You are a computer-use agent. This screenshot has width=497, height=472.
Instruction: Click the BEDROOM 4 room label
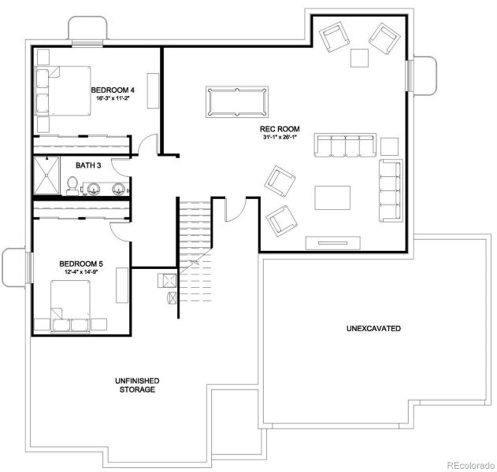[x=113, y=90]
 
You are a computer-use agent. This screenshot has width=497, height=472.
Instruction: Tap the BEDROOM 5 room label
[x=81, y=264]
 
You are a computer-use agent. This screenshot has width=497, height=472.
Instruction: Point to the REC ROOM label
[x=276, y=128]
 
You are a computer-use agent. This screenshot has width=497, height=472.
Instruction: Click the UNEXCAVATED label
[x=373, y=327]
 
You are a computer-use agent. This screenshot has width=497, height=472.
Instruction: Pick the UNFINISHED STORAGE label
[x=136, y=385]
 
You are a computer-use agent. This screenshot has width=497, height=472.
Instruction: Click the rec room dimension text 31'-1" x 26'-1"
[x=277, y=138]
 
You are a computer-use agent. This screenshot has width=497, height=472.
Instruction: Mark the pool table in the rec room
[x=237, y=101]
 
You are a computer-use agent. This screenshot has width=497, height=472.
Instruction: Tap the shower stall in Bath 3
[x=46, y=175]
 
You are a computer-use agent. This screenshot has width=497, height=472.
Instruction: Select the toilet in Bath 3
[x=71, y=185]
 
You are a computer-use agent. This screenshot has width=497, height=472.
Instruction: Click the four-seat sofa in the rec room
[x=345, y=146]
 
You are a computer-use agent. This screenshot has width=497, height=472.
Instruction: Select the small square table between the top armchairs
[x=359, y=57]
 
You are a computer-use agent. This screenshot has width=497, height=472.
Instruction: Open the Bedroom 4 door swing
[x=144, y=145]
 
